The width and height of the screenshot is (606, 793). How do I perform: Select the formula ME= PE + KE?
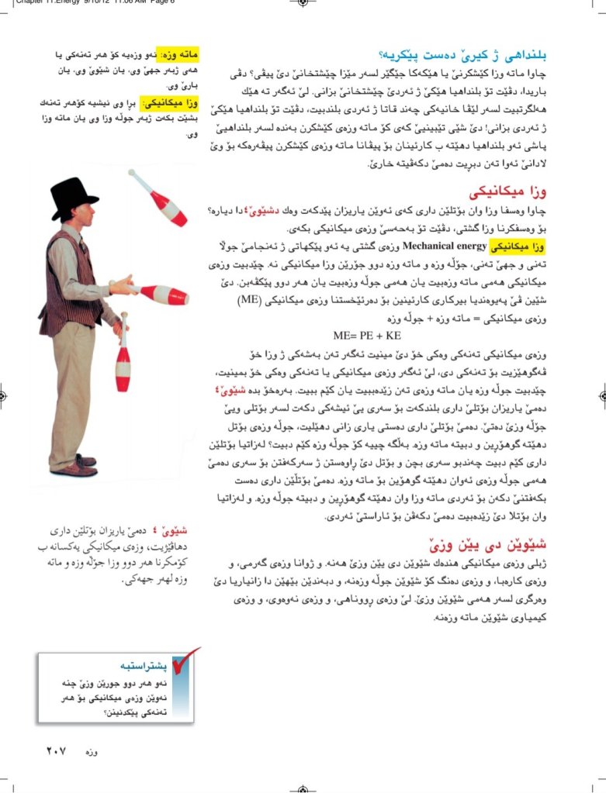(x=367, y=336)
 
